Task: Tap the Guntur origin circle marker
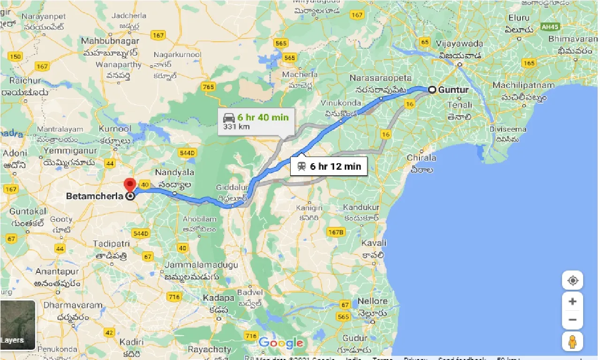[431, 90]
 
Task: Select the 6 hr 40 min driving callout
[256, 121]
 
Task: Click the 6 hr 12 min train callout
[329, 166]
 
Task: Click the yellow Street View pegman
[572, 341]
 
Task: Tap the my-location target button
[572, 281]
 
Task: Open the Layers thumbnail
[18, 325]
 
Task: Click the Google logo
[281, 344]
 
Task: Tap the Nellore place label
[373, 301]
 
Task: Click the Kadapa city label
[218, 298]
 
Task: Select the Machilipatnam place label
[520, 86]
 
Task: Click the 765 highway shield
[208, 87]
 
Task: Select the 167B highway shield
[336, 232]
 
